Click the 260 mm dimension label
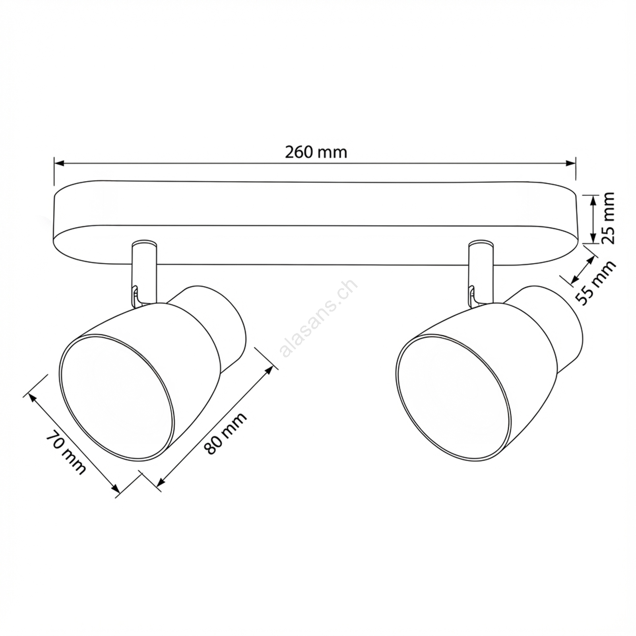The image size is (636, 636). (316, 152)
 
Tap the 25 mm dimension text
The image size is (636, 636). (607, 218)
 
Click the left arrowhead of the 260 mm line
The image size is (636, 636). (59, 163)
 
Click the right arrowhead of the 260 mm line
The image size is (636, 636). (570, 163)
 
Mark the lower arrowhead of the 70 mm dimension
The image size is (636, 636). (115, 488)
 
